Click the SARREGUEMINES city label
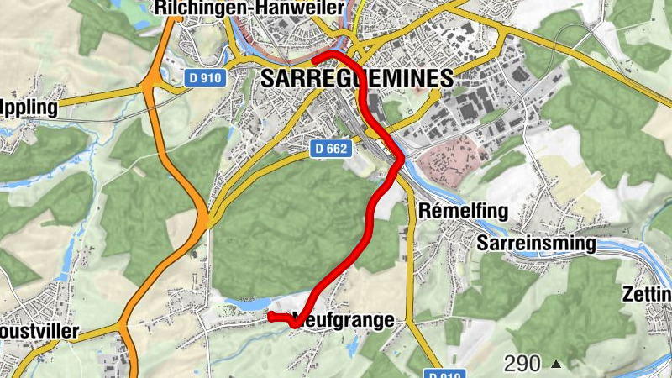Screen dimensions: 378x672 (x=357, y=79)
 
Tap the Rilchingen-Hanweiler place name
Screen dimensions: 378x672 (x=250, y=8)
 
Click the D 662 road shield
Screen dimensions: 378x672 (x=331, y=149)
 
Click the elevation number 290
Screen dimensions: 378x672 (x=522, y=364)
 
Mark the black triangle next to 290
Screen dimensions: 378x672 (x=555, y=365)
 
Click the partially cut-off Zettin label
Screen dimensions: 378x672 (x=647, y=295)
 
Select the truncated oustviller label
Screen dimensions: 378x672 (x=39, y=332)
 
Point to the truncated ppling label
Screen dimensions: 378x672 (x=29, y=108)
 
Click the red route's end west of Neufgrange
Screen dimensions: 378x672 (x=270, y=315)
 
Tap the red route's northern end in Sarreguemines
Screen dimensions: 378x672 (x=314, y=60)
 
